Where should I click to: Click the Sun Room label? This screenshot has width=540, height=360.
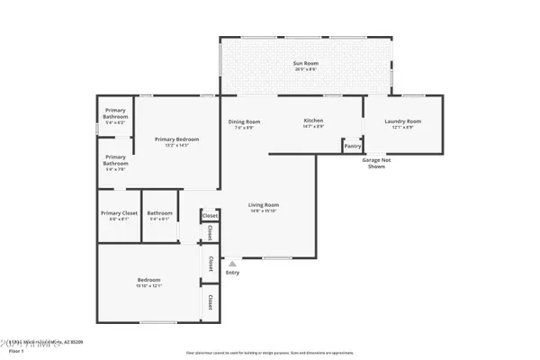tap(306, 64)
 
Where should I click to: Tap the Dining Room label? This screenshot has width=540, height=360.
tap(244, 121)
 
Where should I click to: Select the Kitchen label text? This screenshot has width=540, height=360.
tap(313, 121)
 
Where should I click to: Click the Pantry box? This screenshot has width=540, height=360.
tap(352, 146)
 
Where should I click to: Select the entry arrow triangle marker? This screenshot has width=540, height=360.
tap(232, 264)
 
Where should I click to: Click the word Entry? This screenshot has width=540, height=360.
tap(232, 273)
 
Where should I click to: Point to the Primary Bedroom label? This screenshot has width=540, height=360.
tap(176, 139)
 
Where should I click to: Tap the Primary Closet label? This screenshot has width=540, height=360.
tap(118, 213)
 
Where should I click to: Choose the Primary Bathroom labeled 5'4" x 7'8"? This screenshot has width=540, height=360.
tap(114, 163)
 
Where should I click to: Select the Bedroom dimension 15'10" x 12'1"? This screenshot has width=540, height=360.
tap(148, 285)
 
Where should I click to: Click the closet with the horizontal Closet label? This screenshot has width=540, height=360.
tap(210, 216)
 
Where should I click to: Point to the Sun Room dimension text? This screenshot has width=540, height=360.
tap(306, 69)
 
